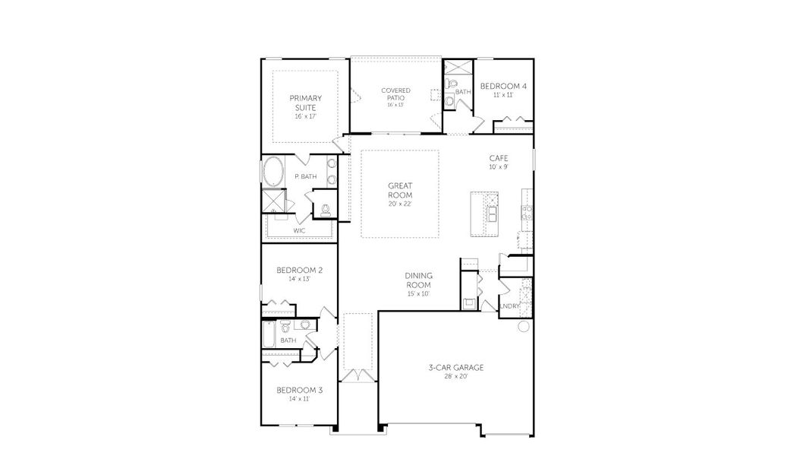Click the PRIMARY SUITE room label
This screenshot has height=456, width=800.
(305, 103)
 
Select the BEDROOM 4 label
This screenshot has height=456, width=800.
(503, 86)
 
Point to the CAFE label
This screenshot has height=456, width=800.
(498, 158)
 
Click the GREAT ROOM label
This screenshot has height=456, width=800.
(400, 190)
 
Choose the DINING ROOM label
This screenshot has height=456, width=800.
(417, 280)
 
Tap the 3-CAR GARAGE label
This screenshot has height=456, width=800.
(455, 368)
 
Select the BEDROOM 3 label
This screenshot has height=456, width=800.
(299, 390)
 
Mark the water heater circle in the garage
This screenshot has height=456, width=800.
(523, 327)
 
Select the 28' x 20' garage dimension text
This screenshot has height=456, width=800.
(455, 375)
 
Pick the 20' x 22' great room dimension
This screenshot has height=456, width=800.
(400, 204)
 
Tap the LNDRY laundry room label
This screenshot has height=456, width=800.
(509, 306)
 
